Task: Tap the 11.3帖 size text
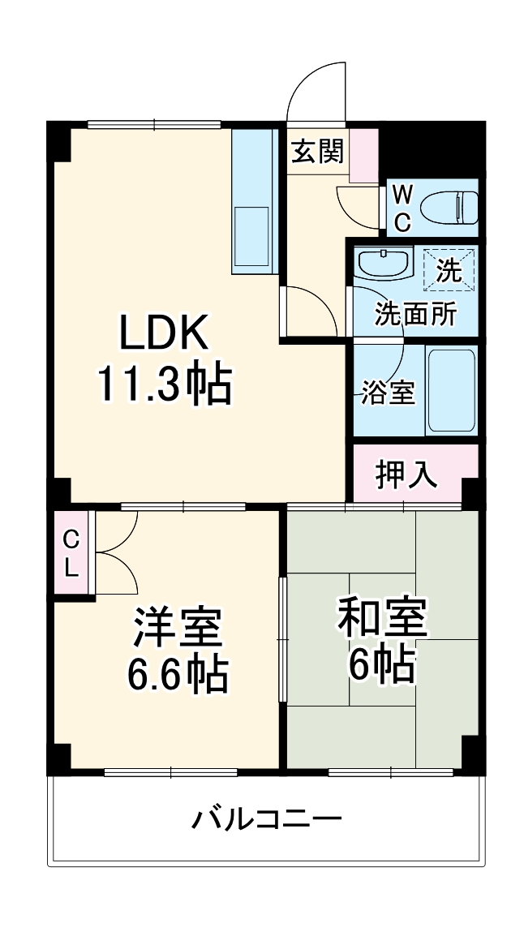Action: tap(165, 385)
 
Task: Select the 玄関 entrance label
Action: tap(317, 151)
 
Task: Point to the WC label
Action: tap(402, 207)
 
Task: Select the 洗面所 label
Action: tap(414, 314)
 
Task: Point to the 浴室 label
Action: tap(388, 393)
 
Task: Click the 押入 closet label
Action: tap(407, 474)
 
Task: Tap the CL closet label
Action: tap(71, 553)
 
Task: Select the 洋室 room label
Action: tap(178, 626)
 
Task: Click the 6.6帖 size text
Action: tap(178, 672)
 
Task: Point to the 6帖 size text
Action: tap(382, 665)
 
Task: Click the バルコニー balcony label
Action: tap(267, 818)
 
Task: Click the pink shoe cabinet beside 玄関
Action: tap(363, 154)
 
